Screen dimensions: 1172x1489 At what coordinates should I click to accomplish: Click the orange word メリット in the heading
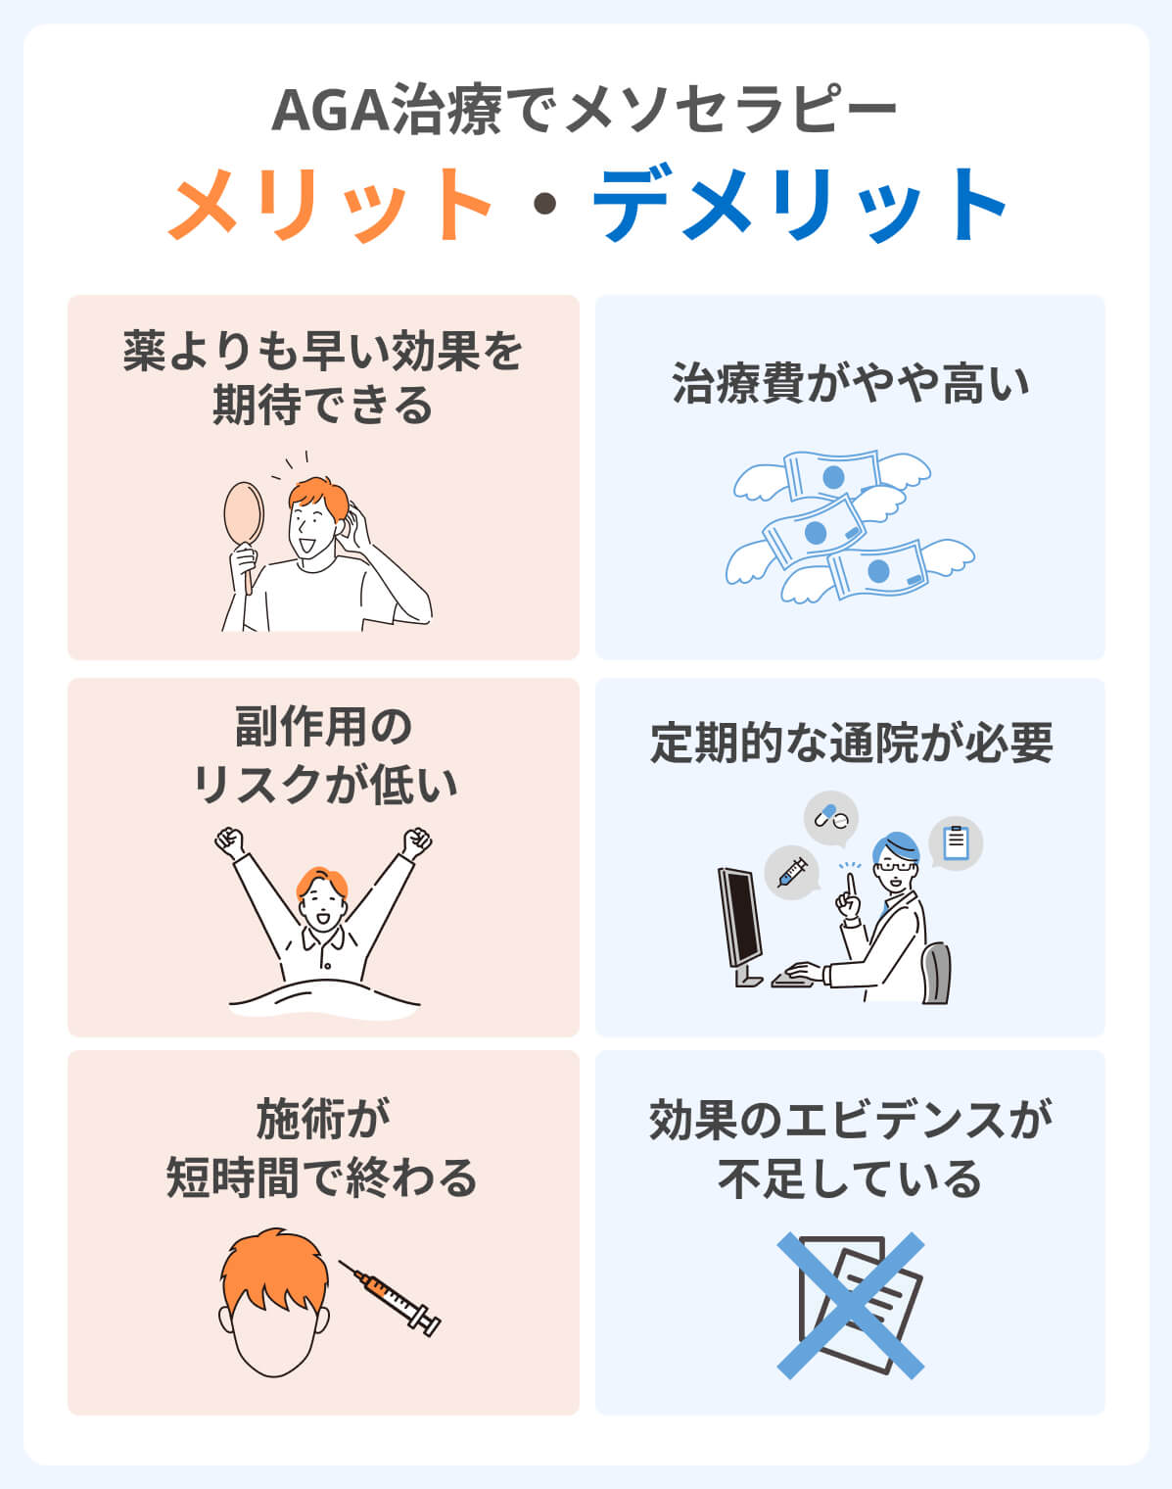click(x=329, y=204)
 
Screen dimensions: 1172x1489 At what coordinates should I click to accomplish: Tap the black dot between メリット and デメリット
click(x=545, y=204)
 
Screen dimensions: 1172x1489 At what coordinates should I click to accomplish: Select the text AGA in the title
click(x=331, y=110)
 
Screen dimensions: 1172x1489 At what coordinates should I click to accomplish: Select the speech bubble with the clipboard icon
click(x=957, y=843)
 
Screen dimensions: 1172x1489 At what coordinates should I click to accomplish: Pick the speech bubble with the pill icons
click(x=831, y=819)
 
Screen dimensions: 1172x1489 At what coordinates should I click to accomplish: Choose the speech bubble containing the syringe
click(x=792, y=872)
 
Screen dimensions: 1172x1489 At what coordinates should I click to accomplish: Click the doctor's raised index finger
click(x=851, y=886)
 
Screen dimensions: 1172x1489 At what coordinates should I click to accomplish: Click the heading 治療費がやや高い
click(x=851, y=383)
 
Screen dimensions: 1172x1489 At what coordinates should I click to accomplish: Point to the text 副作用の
click(x=323, y=727)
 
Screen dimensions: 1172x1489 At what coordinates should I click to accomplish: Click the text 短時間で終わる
click(x=322, y=1177)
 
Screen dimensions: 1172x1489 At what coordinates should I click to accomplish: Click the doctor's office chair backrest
click(x=937, y=972)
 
